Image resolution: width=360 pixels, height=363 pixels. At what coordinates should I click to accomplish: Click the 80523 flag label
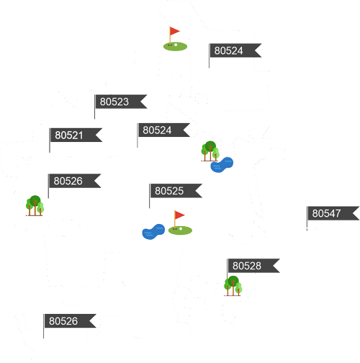(x=121, y=102)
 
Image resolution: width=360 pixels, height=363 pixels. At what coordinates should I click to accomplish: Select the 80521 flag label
(x=76, y=135)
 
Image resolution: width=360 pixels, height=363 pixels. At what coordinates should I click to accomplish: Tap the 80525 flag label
(x=176, y=191)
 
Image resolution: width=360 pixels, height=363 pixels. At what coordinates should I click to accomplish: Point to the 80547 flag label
(x=333, y=213)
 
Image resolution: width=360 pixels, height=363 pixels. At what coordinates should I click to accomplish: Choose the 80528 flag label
(x=253, y=266)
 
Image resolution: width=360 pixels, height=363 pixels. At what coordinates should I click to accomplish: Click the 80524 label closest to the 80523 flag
(x=164, y=130)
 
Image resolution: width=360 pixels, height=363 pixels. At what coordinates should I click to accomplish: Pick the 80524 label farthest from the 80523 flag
(x=235, y=50)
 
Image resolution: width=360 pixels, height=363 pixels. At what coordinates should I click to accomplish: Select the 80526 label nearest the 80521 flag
(x=75, y=181)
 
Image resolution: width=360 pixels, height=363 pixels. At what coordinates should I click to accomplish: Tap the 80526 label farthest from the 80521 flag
(x=70, y=321)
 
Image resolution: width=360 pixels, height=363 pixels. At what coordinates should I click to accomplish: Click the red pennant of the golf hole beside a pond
(x=179, y=215)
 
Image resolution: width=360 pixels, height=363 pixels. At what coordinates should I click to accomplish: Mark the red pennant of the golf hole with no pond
(x=174, y=31)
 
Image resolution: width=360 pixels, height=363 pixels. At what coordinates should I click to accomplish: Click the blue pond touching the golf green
(x=153, y=232)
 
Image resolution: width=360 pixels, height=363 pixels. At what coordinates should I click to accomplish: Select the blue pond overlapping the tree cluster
(x=222, y=165)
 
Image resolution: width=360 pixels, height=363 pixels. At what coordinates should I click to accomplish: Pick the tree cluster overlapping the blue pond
(x=210, y=151)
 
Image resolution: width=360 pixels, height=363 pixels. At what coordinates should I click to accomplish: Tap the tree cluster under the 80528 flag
(x=233, y=286)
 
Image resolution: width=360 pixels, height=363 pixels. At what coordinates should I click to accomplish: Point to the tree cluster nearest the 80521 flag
(x=35, y=206)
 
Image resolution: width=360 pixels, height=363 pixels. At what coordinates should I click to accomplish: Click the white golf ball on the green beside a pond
(x=181, y=229)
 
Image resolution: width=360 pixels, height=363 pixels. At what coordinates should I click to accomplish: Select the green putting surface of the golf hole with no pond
(x=175, y=46)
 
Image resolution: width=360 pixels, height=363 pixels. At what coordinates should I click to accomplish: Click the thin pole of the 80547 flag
(x=307, y=218)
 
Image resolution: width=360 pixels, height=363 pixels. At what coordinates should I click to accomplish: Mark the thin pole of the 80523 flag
(x=95, y=107)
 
